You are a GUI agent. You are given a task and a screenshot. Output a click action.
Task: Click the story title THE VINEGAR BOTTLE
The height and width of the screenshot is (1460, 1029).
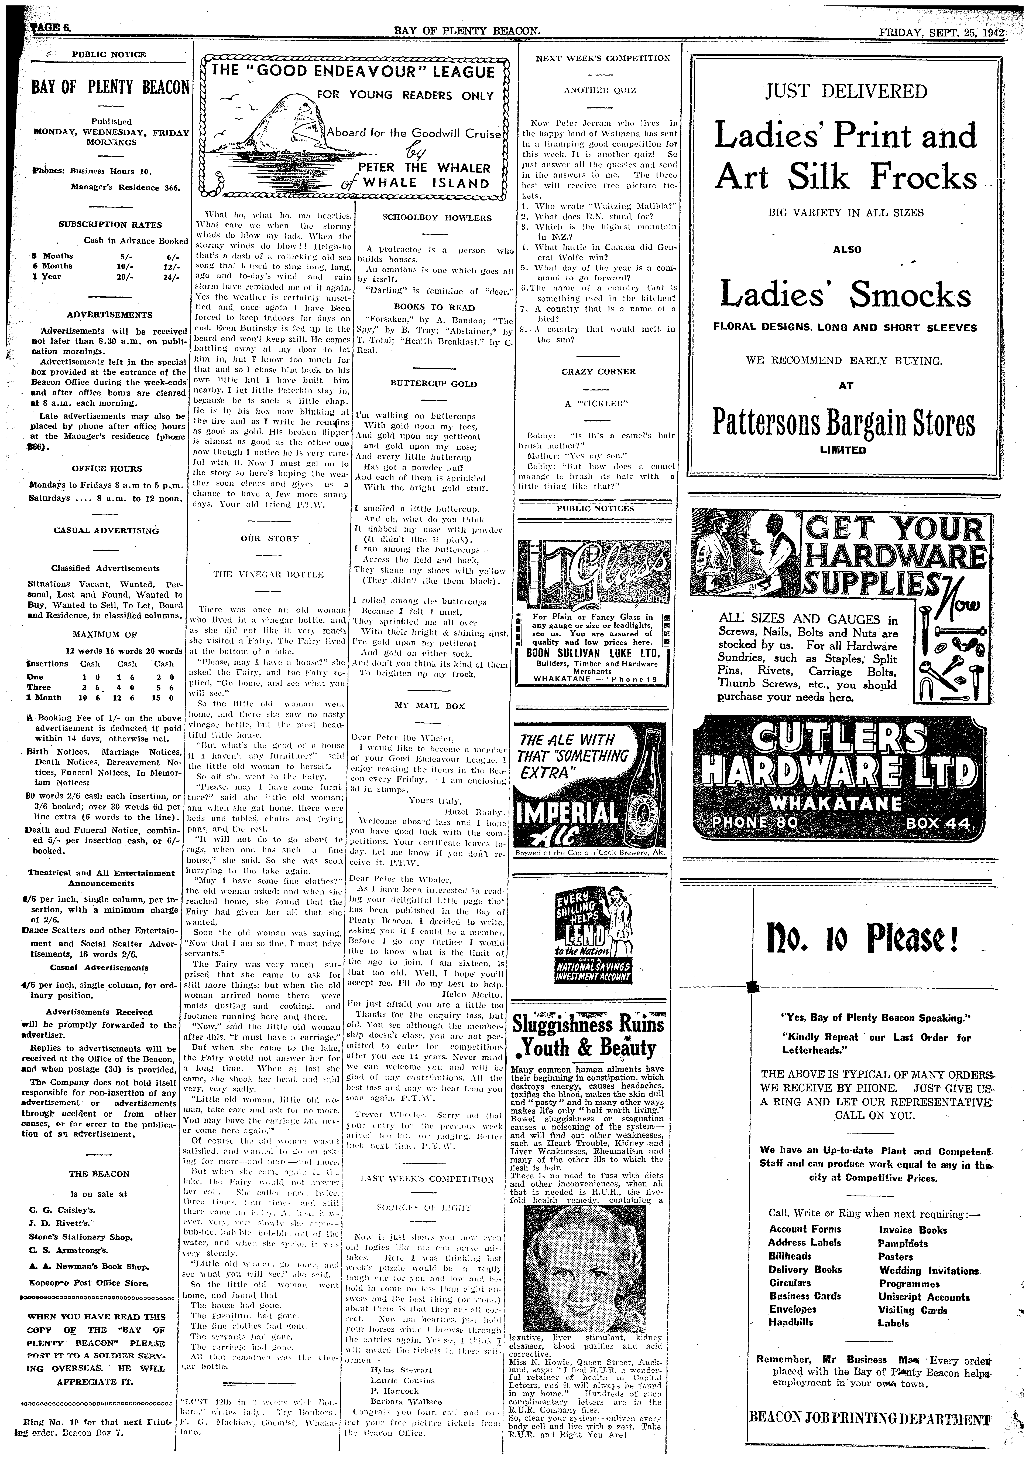[x=269, y=574]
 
